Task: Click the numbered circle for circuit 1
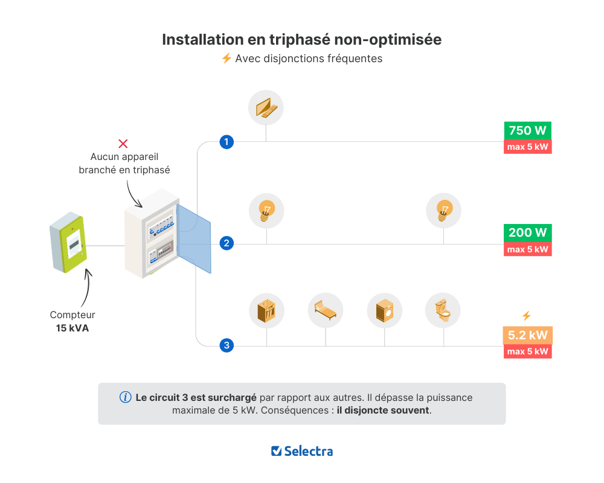(x=226, y=142)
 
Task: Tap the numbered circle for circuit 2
(x=226, y=244)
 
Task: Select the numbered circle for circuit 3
(x=226, y=346)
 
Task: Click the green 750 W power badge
(x=528, y=131)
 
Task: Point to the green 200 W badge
(x=528, y=233)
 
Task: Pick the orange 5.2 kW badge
(x=528, y=335)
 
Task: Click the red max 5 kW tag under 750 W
(x=528, y=147)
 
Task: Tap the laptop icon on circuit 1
(x=266, y=108)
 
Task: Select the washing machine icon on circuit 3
(x=384, y=310)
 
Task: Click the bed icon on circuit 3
(x=326, y=310)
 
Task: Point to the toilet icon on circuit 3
(x=443, y=310)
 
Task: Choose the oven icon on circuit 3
(x=266, y=310)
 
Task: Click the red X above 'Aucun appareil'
(x=123, y=144)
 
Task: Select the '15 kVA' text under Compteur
(x=72, y=328)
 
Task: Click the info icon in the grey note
(x=126, y=397)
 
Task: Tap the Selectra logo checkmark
(x=277, y=451)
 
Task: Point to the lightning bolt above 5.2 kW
(x=526, y=316)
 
